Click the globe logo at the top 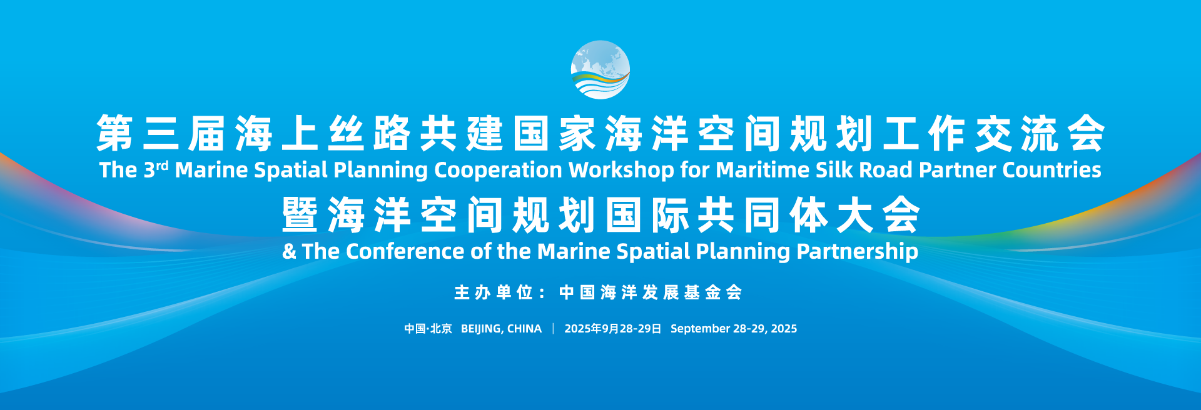tap(600, 70)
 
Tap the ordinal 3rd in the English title tap(156, 169)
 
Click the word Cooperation tap(498, 170)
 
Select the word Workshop tap(621, 170)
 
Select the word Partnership tap(857, 251)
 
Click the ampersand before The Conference tap(289, 251)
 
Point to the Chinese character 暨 tap(300, 215)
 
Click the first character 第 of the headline tap(115, 133)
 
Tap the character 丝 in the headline tap(346, 133)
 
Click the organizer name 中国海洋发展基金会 tap(651, 292)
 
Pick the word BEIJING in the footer tap(481, 329)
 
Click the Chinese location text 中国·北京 tap(428, 329)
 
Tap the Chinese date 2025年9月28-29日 tap(612, 329)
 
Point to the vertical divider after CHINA tap(553, 329)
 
